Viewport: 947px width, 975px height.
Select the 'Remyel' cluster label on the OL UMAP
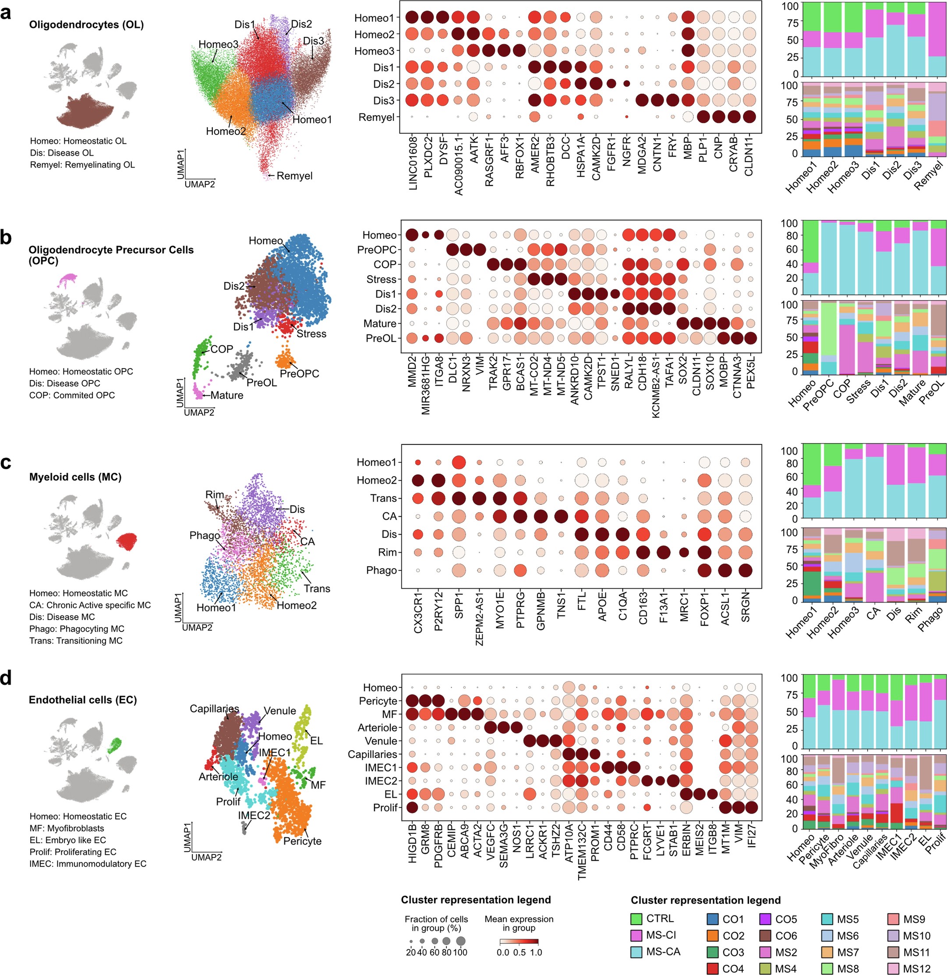294,176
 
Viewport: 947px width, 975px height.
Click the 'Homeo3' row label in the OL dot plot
374,51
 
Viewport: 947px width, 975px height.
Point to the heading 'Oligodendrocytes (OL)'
86,25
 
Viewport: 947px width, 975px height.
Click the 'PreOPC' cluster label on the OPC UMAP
299,374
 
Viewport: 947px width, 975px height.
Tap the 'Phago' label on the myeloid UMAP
205,535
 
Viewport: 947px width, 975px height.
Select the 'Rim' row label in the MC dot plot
387,553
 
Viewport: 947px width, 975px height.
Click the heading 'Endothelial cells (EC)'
82,700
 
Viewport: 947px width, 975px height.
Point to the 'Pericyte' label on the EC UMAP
302,841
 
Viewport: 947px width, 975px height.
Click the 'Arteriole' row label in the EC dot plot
377,728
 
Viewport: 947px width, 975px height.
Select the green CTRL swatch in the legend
636,918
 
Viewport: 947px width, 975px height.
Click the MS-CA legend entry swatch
636,952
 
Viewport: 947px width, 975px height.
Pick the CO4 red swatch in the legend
712,968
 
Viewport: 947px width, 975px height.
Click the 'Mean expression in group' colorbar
519,942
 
